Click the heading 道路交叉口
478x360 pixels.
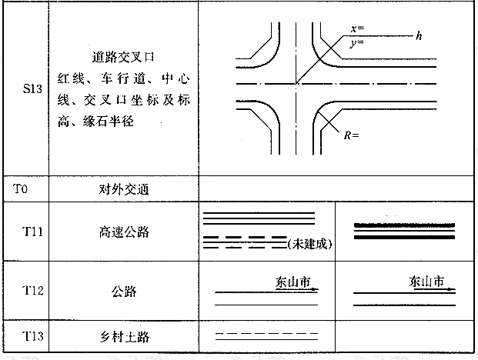pos(123,56)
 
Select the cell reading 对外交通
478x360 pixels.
pos(123,187)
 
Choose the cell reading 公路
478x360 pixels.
pos(123,292)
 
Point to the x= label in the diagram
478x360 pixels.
pos(357,28)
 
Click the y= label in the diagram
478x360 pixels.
pos(357,42)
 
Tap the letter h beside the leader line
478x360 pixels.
pos(419,35)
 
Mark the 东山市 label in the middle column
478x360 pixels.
pos(293,282)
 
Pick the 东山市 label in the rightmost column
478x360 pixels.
pos(427,282)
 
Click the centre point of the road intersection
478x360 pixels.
pos(295,82)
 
